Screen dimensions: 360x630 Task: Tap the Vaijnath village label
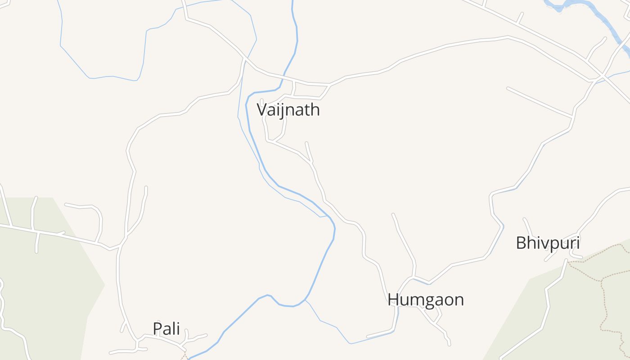point(288,110)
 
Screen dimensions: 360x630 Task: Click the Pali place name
point(166,329)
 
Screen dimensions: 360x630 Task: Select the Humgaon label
point(425,300)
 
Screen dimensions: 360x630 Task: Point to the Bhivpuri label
point(547,243)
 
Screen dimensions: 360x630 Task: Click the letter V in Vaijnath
point(261,110)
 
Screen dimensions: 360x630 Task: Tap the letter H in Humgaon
point(393,300)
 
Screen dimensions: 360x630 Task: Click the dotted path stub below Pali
point(184,355)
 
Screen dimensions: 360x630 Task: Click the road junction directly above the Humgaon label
point(413,276)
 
